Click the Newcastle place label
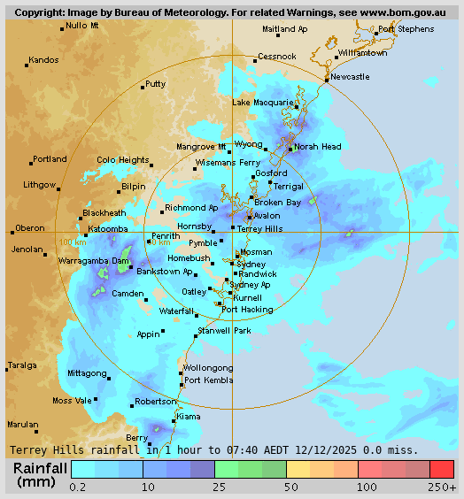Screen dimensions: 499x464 [351, 77]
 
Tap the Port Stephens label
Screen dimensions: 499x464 [406, 29]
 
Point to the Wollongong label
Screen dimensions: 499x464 [208, 368]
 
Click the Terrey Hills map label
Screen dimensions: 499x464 [260, 228]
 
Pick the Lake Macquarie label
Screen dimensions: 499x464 [263, 103]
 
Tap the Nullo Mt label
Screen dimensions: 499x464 [82, 26]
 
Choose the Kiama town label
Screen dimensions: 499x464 [189, 416]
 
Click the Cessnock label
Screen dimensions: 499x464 [276, 57]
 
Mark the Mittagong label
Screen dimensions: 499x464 [87, 373]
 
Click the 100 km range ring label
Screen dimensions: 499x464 [73, 242]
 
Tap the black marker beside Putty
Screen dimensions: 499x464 [143, 87]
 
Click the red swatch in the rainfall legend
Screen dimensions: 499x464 [441, 469]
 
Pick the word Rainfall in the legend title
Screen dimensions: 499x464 [40, 468]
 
